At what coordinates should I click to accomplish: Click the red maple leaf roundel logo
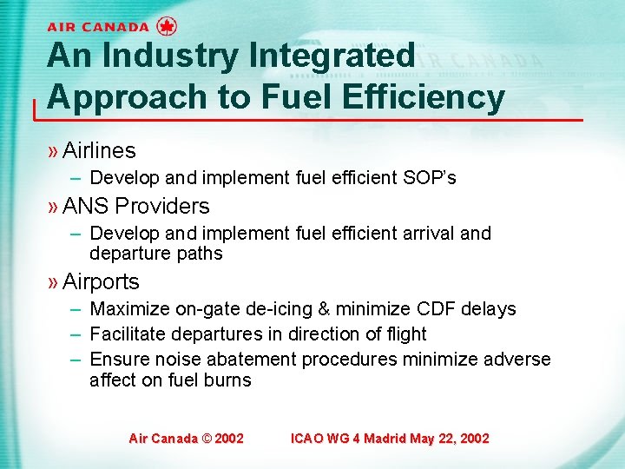(168, 26)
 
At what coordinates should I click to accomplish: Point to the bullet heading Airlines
(99, 151)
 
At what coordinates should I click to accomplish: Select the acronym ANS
(85, 207)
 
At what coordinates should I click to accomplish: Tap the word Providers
(162, 207)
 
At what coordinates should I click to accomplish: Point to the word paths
(201, 254)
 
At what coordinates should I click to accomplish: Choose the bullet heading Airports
(101, 282)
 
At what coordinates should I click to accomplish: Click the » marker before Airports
(53, 282)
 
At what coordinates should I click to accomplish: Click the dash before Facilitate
(76, 334)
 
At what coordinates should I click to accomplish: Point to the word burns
(229, 380)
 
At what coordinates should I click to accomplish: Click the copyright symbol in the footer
(206, 439)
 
